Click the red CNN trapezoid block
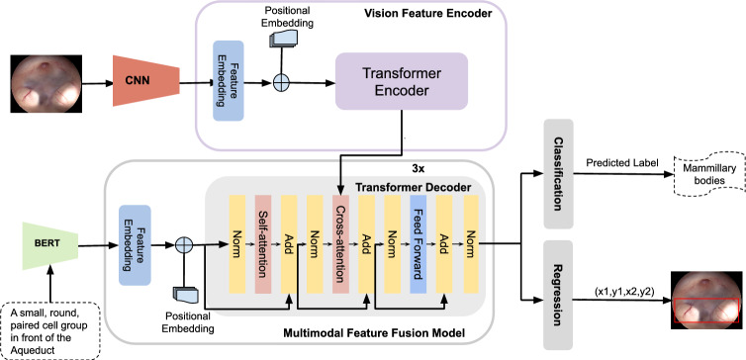146,81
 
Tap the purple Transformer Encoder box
402,81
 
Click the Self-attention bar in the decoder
262,243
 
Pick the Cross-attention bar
340,243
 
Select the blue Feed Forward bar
418,243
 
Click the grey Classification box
559,173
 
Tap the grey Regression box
559,295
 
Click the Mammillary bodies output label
708,174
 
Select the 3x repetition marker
417,169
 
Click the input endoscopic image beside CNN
47,84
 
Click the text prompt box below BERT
49,331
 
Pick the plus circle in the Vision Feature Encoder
281,83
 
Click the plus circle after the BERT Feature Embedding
183,245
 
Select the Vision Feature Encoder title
428,13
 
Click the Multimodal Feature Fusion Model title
373,333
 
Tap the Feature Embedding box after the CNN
229,80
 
